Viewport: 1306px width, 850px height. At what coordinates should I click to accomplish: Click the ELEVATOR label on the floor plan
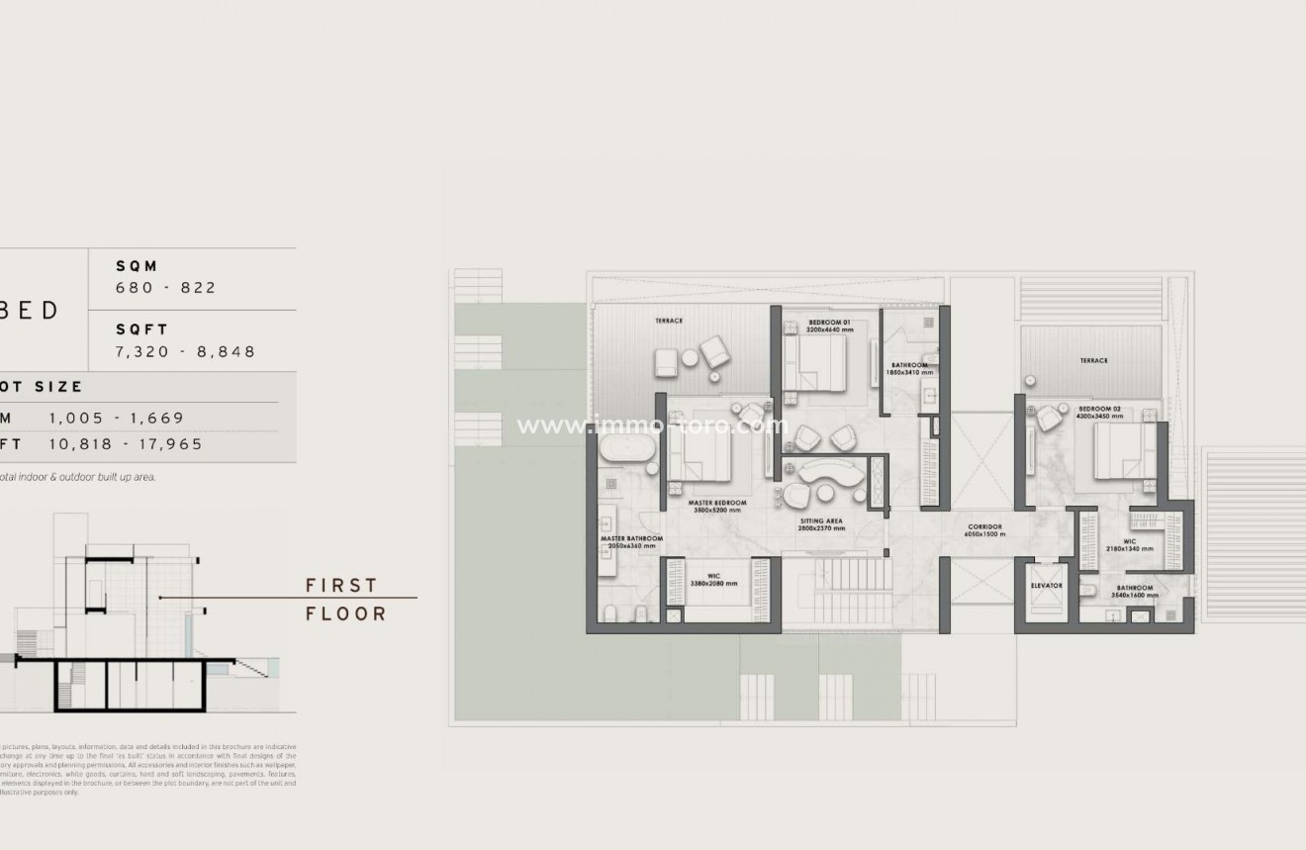point(1046,586)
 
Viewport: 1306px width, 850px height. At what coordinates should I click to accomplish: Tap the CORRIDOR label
point(985,526)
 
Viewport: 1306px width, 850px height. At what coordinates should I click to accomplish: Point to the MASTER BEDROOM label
point(717,503)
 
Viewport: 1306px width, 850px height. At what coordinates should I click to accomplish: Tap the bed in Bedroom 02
point(1121,450)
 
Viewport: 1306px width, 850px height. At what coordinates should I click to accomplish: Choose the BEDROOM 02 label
point(1100,409)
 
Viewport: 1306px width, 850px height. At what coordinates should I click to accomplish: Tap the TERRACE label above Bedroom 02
point(1093,361)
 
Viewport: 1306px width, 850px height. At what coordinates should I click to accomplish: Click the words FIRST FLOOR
point(345,600)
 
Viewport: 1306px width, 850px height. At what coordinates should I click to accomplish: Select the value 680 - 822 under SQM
point(166,288)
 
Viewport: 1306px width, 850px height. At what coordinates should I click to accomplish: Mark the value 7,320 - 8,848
point(186,351)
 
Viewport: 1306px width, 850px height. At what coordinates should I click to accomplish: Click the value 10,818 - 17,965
point(126,444)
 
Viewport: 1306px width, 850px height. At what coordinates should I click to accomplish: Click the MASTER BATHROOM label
point(631,539)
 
